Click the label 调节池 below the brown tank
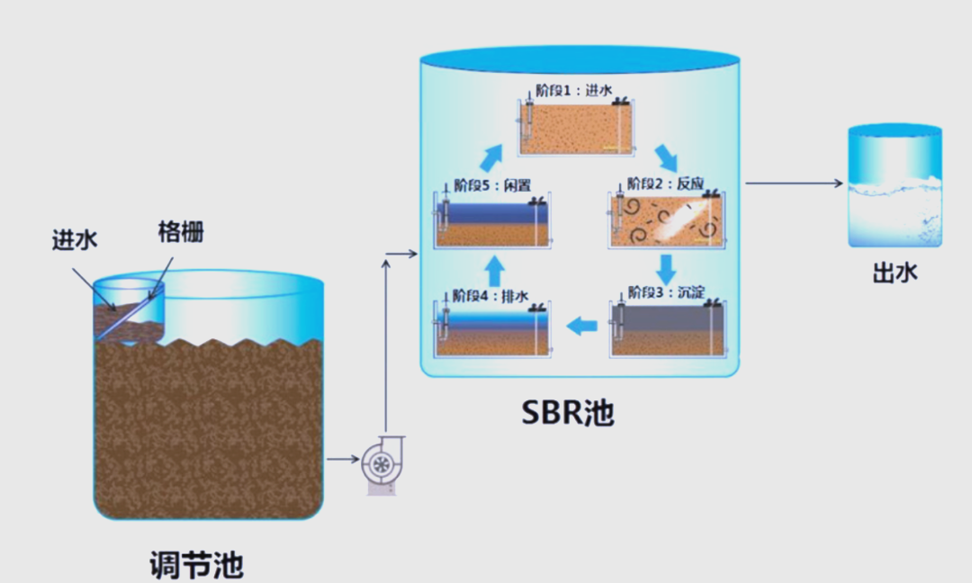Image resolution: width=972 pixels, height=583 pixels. (x=195, y=565)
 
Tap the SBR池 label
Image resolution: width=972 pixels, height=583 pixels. (x=567, y=411)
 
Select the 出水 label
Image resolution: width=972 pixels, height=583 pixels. (x=895, y=273)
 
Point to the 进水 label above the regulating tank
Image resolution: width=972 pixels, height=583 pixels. (x=75, y=240)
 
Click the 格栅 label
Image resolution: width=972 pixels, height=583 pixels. (x=180, y=232)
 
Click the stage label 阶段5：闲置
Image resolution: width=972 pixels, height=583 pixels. (x=491, y=185)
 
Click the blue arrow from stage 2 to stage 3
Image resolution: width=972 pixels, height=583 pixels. (x=666, y=268)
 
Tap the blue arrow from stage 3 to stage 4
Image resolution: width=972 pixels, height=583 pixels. (x=583, y=326)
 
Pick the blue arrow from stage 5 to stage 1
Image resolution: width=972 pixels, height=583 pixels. (x=491, y=157)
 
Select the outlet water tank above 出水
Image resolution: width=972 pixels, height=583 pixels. (x=895, y=187)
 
